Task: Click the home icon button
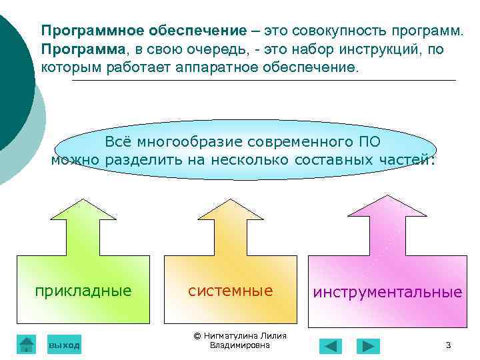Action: click(x=26, y=344)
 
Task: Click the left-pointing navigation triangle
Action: click(x=330, y=345)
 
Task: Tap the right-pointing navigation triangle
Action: click(x=367, y=345)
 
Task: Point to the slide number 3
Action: click(x=448, y=345)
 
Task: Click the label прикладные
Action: click(x=83, y=291)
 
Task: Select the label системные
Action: click(x=230, y=291)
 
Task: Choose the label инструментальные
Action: click(x=387, y=293)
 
